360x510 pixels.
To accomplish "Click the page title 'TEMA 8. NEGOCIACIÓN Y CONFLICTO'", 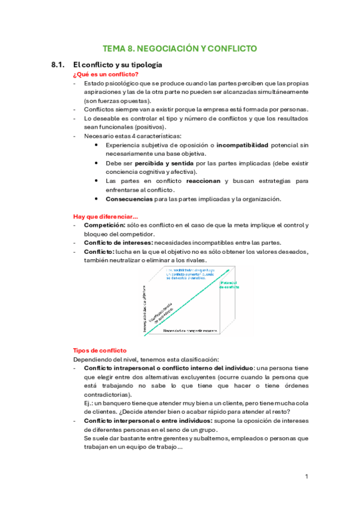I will click(x=180, y=48).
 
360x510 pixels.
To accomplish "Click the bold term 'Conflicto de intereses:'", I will click(x=123, y=243).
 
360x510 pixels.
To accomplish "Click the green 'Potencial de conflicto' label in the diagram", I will click(x=230, y=284).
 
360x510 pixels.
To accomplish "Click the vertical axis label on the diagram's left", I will click(x=145, y=306).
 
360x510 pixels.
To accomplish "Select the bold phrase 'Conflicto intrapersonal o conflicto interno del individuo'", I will click(x=168, y=367).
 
